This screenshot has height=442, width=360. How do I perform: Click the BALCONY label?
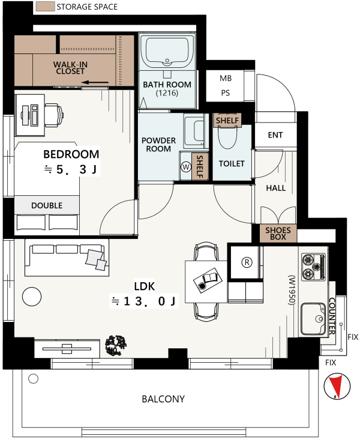(163, 399)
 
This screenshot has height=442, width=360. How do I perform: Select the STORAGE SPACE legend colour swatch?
(45, 7)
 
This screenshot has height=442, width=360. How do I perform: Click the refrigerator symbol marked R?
(247, 262)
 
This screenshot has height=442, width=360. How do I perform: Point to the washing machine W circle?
(186, 167)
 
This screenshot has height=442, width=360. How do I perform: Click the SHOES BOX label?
(278, 234)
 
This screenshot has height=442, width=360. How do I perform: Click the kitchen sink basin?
(313, 318)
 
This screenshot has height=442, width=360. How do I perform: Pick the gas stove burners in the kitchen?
(313, 267)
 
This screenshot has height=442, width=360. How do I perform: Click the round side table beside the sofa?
(32, 297)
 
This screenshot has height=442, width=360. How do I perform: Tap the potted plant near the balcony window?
(116, 345)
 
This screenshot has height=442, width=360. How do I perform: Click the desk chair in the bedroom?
(54, 115)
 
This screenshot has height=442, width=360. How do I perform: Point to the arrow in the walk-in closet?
(95, 83)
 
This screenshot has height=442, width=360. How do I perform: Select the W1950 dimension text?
(292, 290)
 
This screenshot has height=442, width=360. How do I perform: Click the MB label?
(226, 78)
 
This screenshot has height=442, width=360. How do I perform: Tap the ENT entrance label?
(275, 135)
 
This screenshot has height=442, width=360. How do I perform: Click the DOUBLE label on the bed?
(47, 205)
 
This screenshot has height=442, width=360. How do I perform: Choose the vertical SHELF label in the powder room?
(200, 166)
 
